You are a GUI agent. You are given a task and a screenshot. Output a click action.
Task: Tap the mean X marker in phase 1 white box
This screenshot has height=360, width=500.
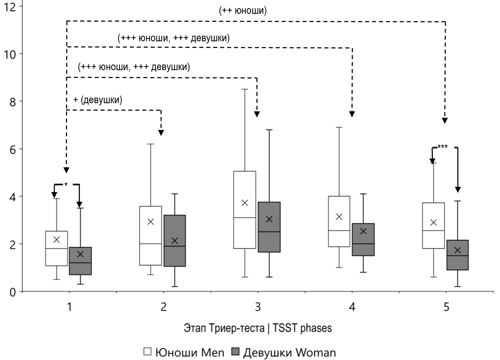click(57, 240)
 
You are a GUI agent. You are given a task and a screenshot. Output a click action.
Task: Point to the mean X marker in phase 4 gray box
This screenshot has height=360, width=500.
click(363, 231)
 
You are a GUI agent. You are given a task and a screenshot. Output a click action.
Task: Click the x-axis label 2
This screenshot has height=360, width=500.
click(164, 307)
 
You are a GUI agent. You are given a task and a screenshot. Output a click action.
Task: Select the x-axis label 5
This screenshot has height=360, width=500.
click(446, 307)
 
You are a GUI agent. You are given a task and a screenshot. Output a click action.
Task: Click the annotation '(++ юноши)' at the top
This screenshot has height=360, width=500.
click(243, 11)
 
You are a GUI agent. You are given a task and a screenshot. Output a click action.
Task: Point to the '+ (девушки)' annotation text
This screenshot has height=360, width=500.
click(98, 100)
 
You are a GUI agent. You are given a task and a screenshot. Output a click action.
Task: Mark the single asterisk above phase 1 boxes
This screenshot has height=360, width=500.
click(66, 184)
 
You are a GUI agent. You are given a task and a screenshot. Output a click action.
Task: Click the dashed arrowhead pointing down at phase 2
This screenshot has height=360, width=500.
click(161, 133)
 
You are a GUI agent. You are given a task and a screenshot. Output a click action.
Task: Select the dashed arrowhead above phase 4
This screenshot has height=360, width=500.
click(352, 114)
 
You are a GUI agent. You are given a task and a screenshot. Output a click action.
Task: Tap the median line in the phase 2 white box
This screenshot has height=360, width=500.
click(150, 244)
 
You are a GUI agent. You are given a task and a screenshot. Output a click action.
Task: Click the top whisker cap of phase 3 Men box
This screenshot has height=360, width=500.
click(245, 89)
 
